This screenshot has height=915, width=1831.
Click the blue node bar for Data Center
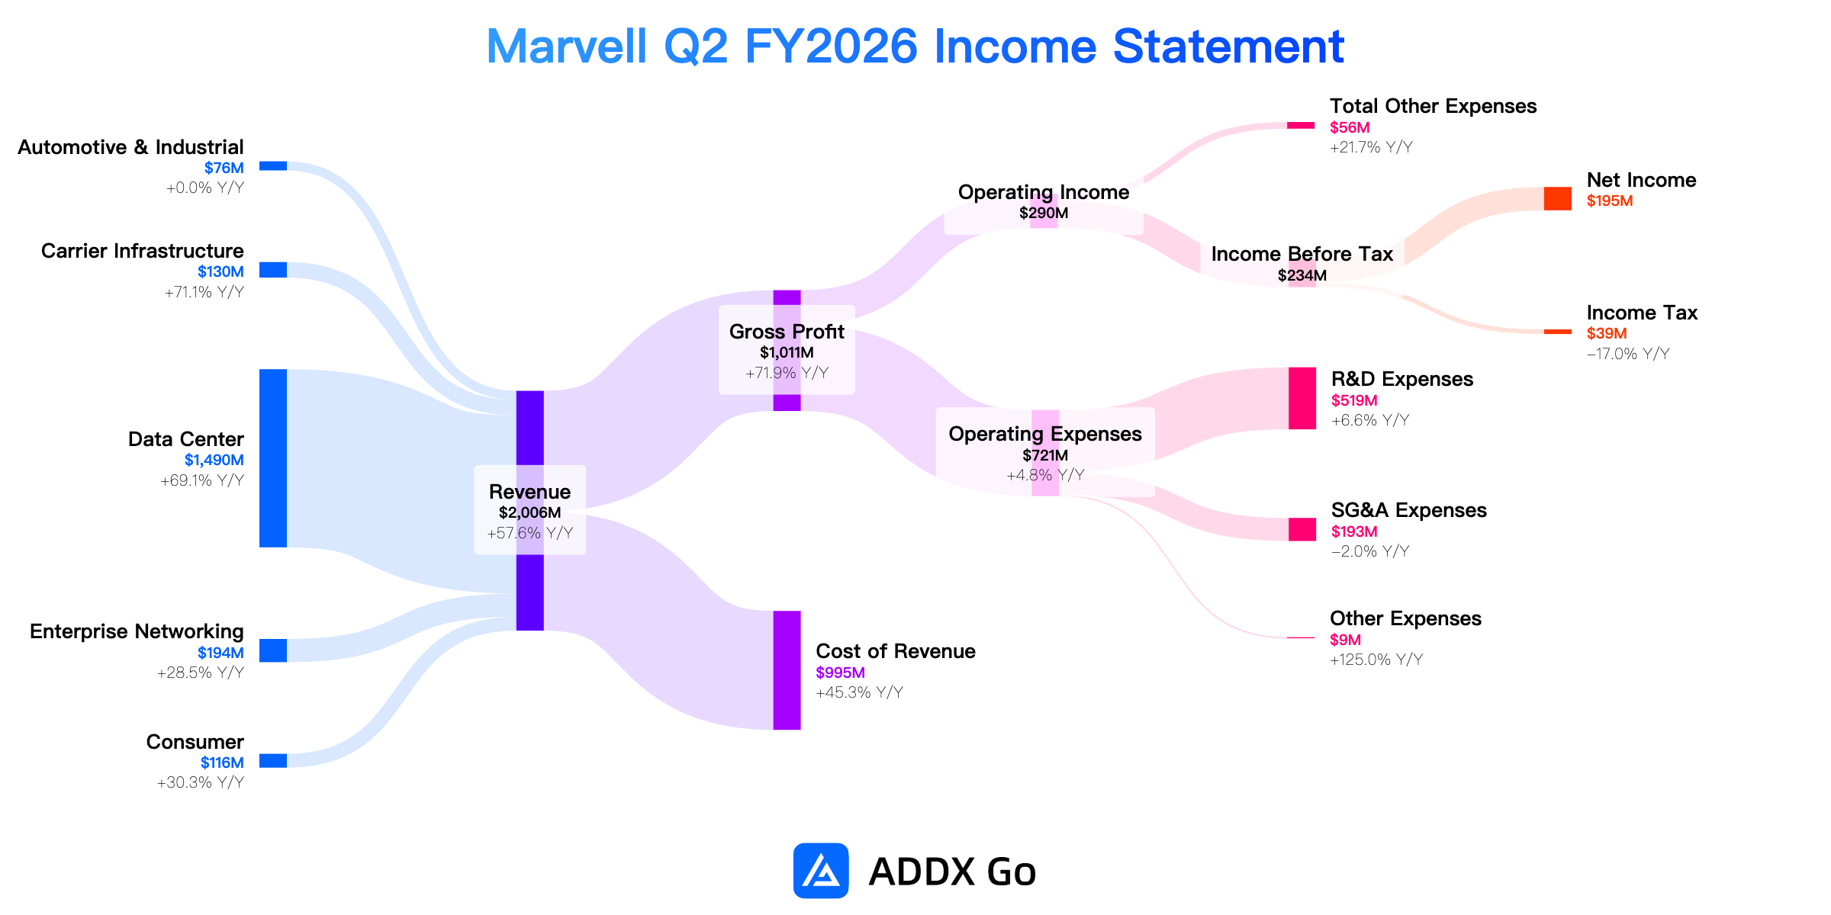pos(273,458)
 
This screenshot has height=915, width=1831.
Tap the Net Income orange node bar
pos(1558,198)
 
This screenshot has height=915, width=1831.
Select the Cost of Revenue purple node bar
pos(787,670)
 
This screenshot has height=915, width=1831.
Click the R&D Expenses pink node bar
pos(1302,398)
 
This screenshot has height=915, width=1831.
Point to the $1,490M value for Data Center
pos(214,460)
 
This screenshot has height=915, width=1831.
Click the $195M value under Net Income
pos(1610,201)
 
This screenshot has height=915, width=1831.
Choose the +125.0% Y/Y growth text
pos(1376,660)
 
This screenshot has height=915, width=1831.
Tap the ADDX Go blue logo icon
pos(821,871)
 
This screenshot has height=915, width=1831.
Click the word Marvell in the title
pos(567,47)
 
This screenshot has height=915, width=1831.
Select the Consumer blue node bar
pos(273,760)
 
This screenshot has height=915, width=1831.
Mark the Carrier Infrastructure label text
pos(143,251)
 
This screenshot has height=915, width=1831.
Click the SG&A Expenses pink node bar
pos(1302,529)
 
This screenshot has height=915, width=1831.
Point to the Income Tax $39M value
pos(1607,333)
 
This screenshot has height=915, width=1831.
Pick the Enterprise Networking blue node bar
pos(273,650)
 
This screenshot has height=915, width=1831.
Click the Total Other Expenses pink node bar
pos(1301,125)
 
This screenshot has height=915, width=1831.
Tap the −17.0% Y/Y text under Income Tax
pos(1628,354)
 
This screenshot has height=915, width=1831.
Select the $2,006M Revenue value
pos(530,512)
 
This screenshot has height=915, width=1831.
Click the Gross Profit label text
pos(787,332)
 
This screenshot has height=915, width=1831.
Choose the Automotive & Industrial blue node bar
pos(273,166)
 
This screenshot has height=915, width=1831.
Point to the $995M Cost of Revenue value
pos(840,673)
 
